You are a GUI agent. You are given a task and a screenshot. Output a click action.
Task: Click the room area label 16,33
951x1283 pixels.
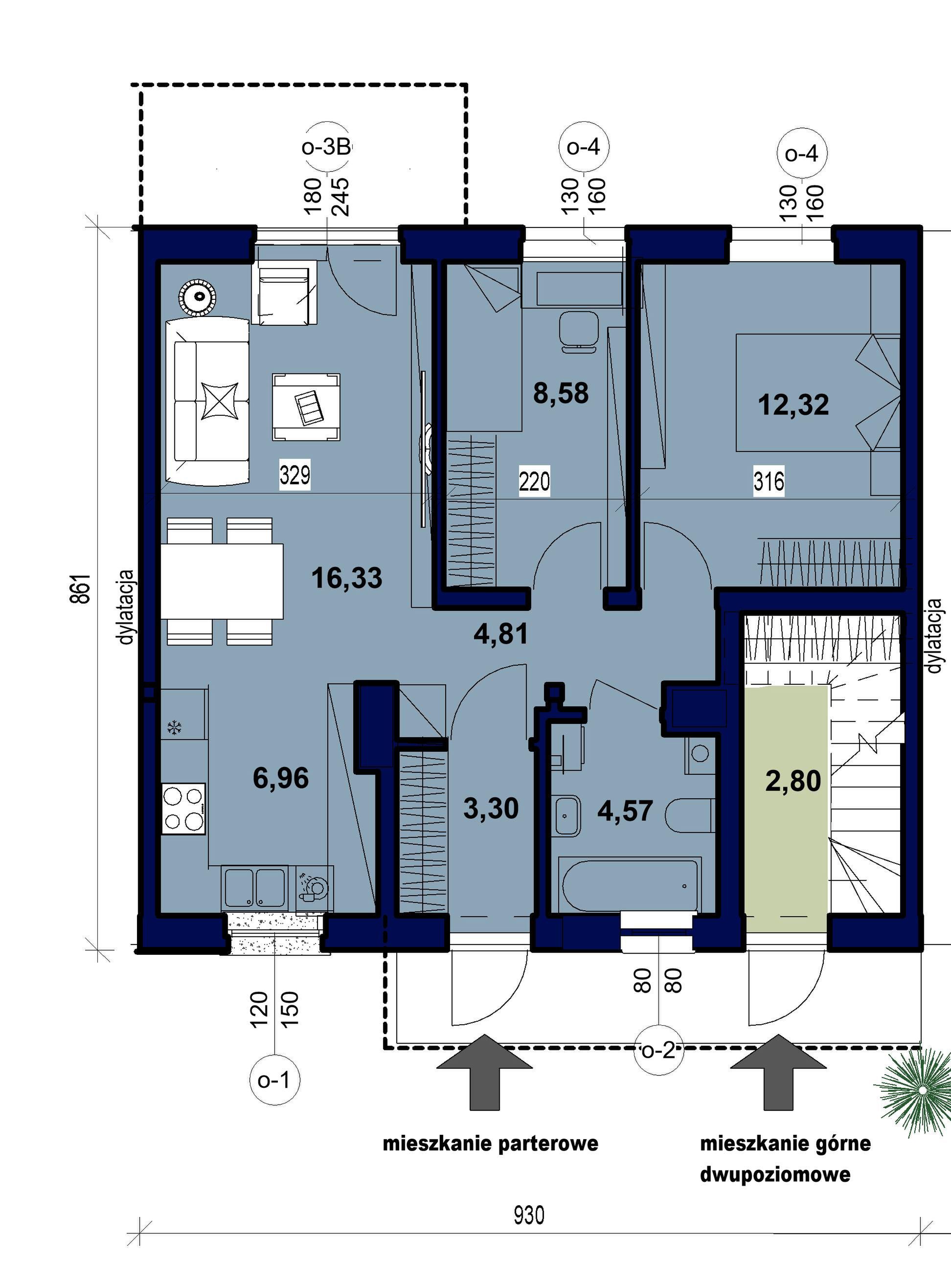[x=346, y=578]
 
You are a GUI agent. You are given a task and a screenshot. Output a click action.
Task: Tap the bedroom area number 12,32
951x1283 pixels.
[x=793, y=404]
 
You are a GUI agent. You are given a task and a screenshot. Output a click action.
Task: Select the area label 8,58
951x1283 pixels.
[x=561, y=393]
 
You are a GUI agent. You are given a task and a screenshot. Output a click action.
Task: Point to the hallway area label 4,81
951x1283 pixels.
[x=500, y=634]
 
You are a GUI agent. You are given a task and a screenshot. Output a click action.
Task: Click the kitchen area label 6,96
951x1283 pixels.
[x=281, y=778]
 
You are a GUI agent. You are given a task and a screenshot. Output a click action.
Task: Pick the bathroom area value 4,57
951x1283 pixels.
[x=625, y=811]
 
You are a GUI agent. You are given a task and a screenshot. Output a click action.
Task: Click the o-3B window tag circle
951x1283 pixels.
[x=327, y=147]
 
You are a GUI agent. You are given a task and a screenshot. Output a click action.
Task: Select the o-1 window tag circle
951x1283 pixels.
[x=274, y=1080]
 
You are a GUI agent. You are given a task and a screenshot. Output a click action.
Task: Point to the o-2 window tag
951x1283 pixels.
[x=658, y=1051]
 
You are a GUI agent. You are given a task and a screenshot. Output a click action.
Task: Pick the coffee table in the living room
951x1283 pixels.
[x=306, y=407]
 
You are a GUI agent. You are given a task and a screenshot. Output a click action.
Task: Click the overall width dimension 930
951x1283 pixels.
[x=528, y=1215]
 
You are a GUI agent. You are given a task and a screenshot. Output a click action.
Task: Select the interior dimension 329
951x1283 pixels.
[x=294, y=475]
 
